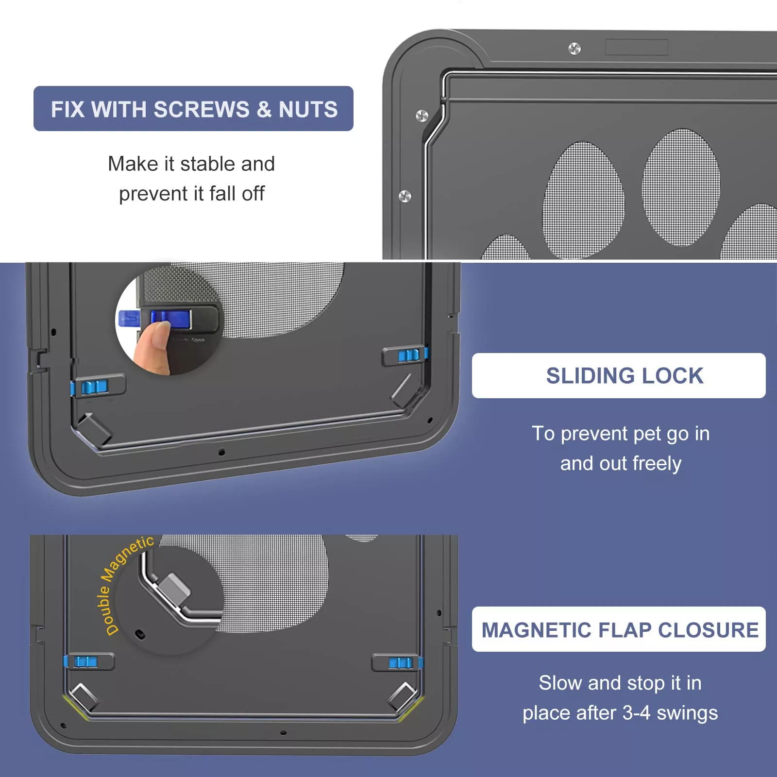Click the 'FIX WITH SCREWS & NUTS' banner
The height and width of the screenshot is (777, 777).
tap(193, 109)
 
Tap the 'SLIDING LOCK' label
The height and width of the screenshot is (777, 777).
tap(624, 376)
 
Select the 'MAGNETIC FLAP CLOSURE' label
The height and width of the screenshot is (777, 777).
tap(619, 630)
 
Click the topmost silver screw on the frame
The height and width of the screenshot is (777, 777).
tap(574, 49)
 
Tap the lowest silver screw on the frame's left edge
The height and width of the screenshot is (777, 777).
tap(405, 196)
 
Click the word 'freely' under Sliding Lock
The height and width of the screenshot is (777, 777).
tap(657, 464)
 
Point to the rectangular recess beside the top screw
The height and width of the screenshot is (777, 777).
tap(636, 48)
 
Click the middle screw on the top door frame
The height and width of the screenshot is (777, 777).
tap(422, 116)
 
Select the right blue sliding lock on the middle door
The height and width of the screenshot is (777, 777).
tap(408, 355)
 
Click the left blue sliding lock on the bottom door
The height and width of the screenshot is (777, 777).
tap(85, 661)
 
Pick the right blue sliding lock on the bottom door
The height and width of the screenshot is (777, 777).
tap(400, 663)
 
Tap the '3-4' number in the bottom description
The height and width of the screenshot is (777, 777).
tap(636, 713)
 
